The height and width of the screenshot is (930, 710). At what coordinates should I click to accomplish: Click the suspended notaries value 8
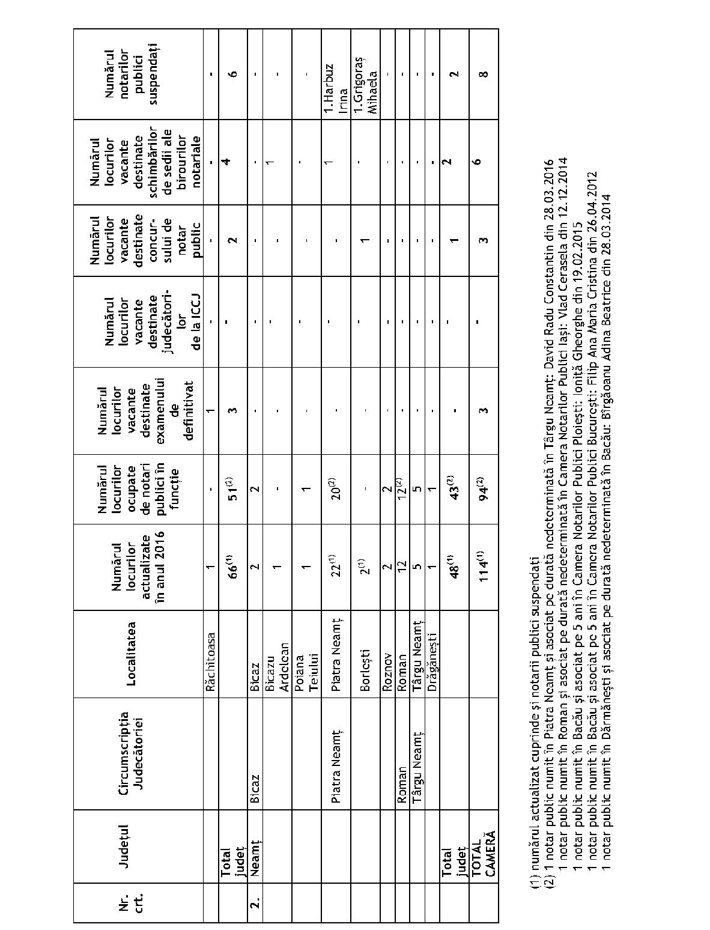(484, 74)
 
